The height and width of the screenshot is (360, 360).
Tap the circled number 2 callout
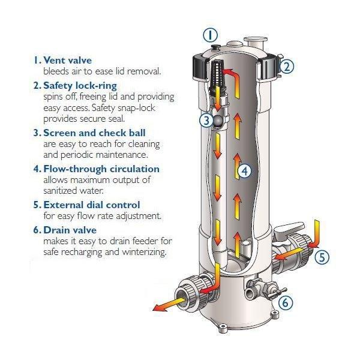(x=286, y=67)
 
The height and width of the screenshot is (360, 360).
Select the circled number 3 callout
(x=206, y=121)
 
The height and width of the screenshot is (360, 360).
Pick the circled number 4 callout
(x=243, y=172)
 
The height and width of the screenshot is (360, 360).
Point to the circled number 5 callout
(x=322, y=257)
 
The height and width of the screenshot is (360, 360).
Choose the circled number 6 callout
(x=286, y=302)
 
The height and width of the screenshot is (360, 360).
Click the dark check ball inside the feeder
(x=218, y=121)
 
